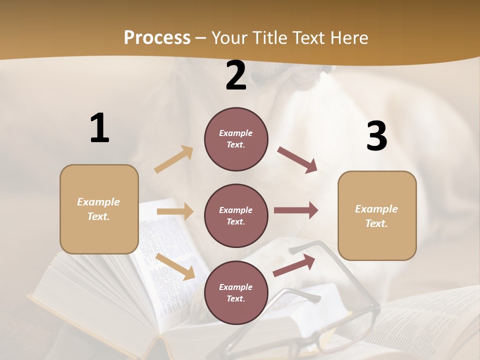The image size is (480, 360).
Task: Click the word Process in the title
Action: coord(157,37)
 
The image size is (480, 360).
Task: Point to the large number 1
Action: coord(99,128)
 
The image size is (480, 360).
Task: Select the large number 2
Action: coord(236,75)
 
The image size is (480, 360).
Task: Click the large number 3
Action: coord(376,136)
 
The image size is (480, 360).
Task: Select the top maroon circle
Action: coord(236,138)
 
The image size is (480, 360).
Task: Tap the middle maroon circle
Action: coord(236,215)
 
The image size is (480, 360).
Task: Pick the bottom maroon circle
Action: coord(236,292)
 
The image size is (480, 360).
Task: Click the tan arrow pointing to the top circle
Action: coord(174,159)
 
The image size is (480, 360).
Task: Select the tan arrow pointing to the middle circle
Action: coord(175,211)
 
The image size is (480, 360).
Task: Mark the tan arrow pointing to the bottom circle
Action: coord(175,266)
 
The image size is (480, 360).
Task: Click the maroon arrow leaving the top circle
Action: coord(297,159)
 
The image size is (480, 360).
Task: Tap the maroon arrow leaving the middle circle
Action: coord(296,210)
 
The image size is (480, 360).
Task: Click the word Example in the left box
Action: coord(98,202)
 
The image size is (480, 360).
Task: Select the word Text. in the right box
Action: coord(376,223)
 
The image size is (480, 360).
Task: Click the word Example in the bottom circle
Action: coord(236,287)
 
